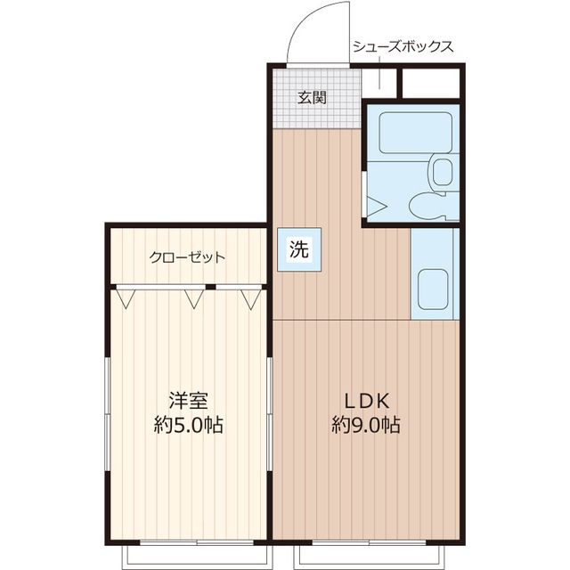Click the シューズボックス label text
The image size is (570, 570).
click(403, 47)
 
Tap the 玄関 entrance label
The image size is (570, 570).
click(312, 97)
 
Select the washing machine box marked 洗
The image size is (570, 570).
click(299, 249)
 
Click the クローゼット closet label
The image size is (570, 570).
click(187, 257)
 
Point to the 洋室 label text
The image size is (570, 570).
click(188, 400)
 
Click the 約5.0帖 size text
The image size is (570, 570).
click(188, 425)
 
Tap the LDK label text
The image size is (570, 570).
click(367, 401)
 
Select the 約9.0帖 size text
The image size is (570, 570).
click(366, 425)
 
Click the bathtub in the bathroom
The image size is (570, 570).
click(416, 133)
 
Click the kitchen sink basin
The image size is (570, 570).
click(432, 289)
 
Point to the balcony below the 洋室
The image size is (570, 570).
click(197, 557)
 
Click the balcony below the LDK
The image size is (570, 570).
click(369, 557)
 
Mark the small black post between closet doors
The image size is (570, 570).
click(211, 287)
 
